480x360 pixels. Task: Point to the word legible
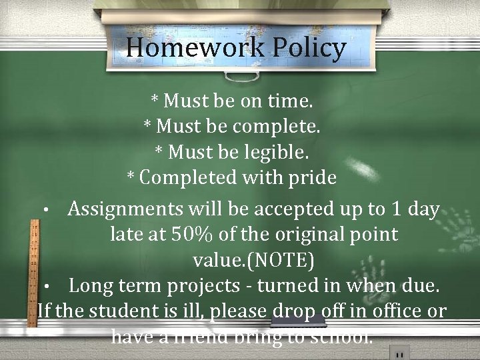[275, 153]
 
